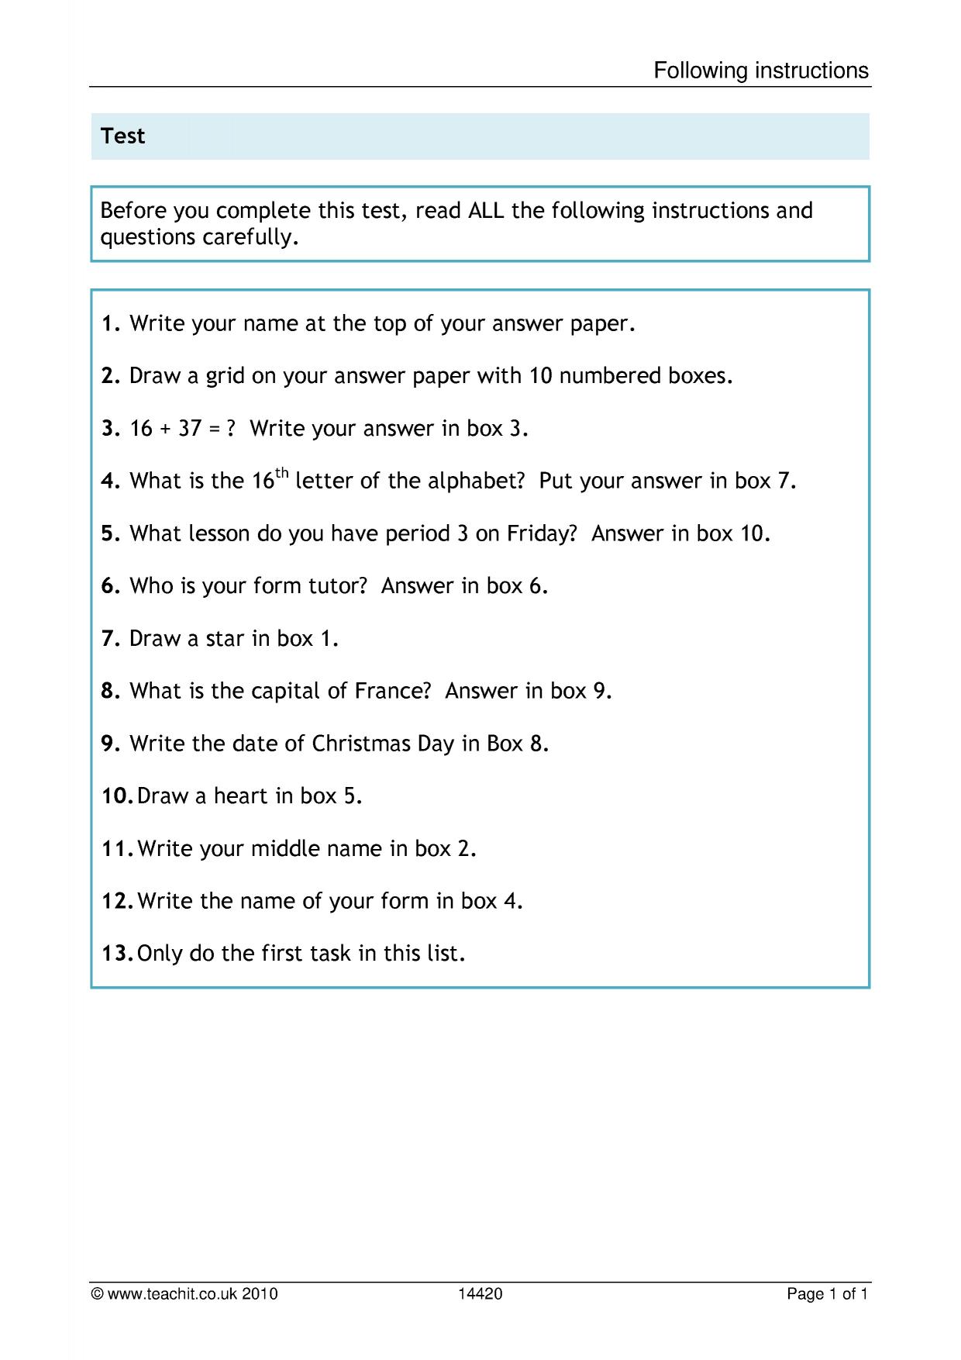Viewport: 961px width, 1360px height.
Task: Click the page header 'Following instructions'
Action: [761, 71]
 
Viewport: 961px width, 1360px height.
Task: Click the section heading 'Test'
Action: [122, 136]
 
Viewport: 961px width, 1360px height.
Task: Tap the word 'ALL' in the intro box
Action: [487, 211]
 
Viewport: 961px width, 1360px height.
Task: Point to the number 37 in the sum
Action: [190, 428]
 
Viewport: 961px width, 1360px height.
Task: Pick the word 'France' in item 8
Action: [391, 691]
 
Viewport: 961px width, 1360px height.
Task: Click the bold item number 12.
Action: [117, 901]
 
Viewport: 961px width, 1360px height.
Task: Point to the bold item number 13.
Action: [117, 953]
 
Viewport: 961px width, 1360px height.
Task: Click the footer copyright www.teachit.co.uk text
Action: [184, 1293]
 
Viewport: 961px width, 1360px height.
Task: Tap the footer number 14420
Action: [480, 1293]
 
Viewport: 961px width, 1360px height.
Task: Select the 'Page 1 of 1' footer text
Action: [827, 1293]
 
